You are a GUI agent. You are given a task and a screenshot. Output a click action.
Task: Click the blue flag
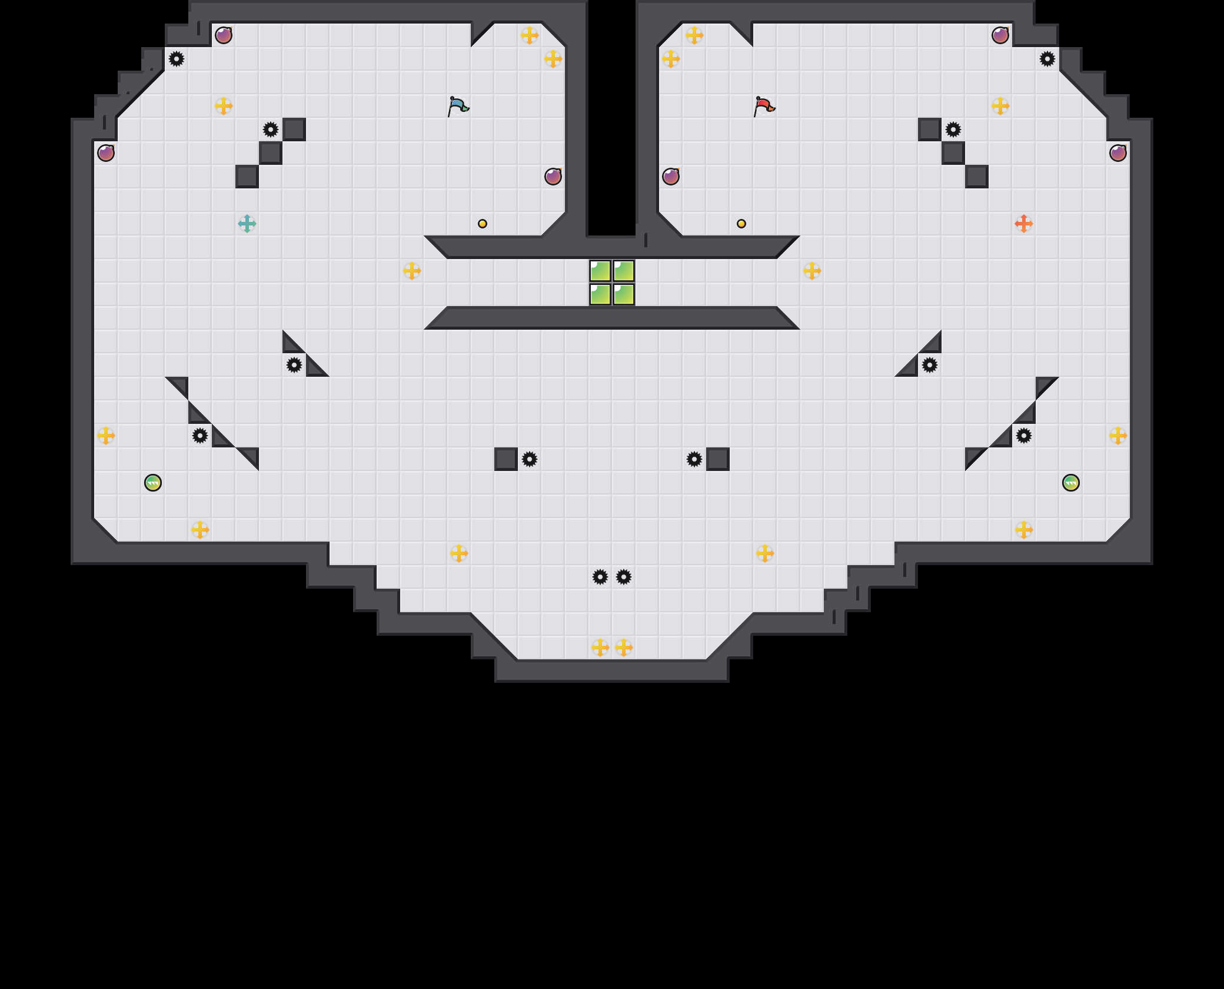458,107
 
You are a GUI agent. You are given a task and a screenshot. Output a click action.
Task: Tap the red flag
764,107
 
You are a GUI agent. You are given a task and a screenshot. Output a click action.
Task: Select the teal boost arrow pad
247,224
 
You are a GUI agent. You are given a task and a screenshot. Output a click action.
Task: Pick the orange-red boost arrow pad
1024,224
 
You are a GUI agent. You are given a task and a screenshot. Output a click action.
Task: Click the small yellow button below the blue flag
483,224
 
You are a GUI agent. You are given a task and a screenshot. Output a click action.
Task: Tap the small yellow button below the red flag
741,224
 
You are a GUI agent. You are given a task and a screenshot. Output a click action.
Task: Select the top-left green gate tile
600,271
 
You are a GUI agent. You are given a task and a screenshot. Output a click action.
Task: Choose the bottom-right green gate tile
624,294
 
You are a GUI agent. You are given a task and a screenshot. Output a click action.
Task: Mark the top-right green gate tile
624,271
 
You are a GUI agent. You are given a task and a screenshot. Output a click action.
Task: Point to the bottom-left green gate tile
600,294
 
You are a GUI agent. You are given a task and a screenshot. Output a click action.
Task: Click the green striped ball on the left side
153,483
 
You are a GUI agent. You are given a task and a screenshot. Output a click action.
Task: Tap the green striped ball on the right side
1071,483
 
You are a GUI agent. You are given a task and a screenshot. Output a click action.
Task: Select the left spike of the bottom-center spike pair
600,577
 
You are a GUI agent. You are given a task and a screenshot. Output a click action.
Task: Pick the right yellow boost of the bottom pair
624,648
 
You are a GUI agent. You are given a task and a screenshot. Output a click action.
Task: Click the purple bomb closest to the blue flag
553,177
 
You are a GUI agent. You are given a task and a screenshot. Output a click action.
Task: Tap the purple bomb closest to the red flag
671,177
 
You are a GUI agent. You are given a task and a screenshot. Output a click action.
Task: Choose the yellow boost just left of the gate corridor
412,271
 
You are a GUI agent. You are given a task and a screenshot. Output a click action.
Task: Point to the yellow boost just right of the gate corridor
812,271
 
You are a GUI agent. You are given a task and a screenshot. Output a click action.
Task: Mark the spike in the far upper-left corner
177,59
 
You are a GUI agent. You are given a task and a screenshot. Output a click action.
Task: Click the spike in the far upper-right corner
1047,59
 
